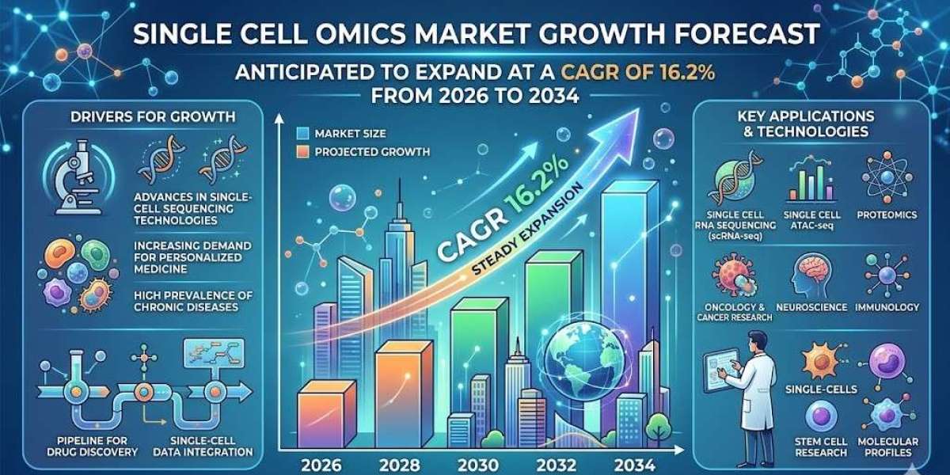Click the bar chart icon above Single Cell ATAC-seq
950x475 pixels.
tap(814, 183)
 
